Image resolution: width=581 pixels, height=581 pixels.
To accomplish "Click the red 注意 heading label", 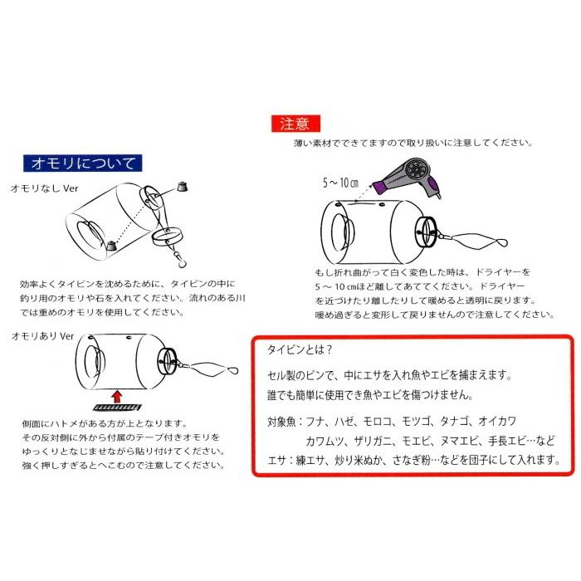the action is (295, 124).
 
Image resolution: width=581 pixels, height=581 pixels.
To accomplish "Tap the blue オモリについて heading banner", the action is (82, 163).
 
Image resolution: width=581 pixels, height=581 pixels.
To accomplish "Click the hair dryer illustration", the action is (408, 177).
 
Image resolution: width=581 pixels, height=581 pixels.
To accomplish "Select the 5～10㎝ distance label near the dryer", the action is (340, 183).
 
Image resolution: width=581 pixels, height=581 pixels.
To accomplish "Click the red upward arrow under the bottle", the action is (117, 397).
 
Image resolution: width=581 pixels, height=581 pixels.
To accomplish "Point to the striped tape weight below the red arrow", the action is (117, 408).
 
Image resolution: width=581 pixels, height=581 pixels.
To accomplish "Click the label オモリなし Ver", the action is (45, 188).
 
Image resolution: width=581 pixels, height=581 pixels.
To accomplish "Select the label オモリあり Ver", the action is (42, 336).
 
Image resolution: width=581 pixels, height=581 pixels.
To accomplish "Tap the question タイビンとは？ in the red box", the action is (300, 349).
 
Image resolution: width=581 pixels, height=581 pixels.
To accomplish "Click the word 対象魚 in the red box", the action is (281, 422).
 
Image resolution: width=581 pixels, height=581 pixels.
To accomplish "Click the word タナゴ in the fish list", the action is (454, 422).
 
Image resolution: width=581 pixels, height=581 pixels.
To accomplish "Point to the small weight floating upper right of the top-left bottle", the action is (182, 187).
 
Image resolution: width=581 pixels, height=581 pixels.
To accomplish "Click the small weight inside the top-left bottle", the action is (110, 246).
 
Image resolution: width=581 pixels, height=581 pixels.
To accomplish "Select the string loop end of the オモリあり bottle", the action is (232, 370).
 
